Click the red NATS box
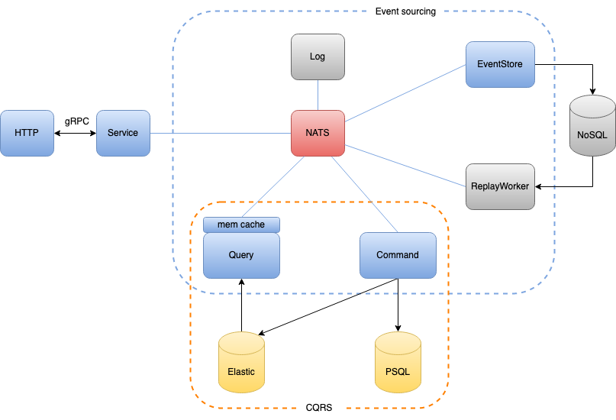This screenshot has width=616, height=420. click(318, 133)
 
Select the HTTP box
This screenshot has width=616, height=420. click(27, 133)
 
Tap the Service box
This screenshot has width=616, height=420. click(123, 133)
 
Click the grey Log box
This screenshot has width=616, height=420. click(318, 57)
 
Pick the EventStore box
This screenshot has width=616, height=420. click(500, 64)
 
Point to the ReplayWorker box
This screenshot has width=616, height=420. click(500, 186)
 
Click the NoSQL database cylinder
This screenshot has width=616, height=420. click(592, 126)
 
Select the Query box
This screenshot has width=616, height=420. click(241, 255)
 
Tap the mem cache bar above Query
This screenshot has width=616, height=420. click(241, 225)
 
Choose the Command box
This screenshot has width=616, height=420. click(398, 255)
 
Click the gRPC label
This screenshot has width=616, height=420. click(76, 121)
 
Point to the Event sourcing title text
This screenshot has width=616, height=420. click(405, 11)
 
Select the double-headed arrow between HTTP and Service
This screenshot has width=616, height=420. click(75, 133)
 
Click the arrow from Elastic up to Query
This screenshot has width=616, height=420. click(241, 305)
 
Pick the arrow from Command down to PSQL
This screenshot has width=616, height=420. click(398, 305)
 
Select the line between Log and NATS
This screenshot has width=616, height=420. click(318, 95)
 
